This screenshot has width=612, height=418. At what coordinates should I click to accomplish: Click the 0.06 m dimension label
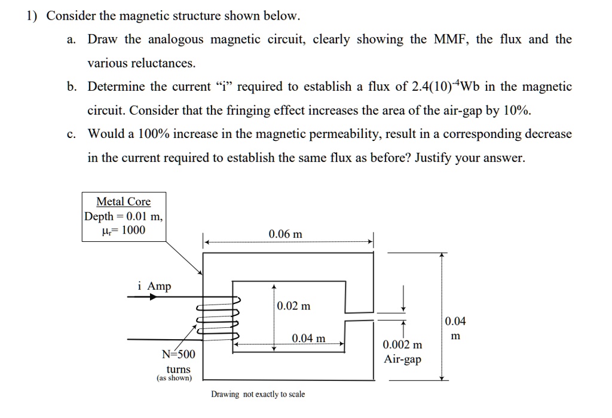[x=285, y=234]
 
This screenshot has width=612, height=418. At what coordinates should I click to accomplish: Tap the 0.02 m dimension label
[x=293, y=307]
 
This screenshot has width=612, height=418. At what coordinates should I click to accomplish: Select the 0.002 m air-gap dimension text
[x=402, y=345]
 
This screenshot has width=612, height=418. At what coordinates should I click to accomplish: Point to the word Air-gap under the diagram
[x=402, y=359]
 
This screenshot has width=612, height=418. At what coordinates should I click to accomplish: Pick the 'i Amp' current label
[x=154, y=287]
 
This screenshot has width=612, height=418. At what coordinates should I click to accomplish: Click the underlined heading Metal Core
[x=124, y=202]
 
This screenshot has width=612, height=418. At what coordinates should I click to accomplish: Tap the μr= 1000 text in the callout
[x=124, y=230]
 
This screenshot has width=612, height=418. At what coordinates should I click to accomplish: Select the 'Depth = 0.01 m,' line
[x=124, y=216]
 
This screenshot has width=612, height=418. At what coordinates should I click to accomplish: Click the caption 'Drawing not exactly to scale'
[x=258, y=395]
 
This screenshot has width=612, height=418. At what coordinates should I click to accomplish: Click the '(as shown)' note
[x=175, y=379]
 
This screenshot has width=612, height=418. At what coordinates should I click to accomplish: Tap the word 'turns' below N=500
[x=178, y=369]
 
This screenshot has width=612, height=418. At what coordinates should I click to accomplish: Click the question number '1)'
[x=32, y=16]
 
